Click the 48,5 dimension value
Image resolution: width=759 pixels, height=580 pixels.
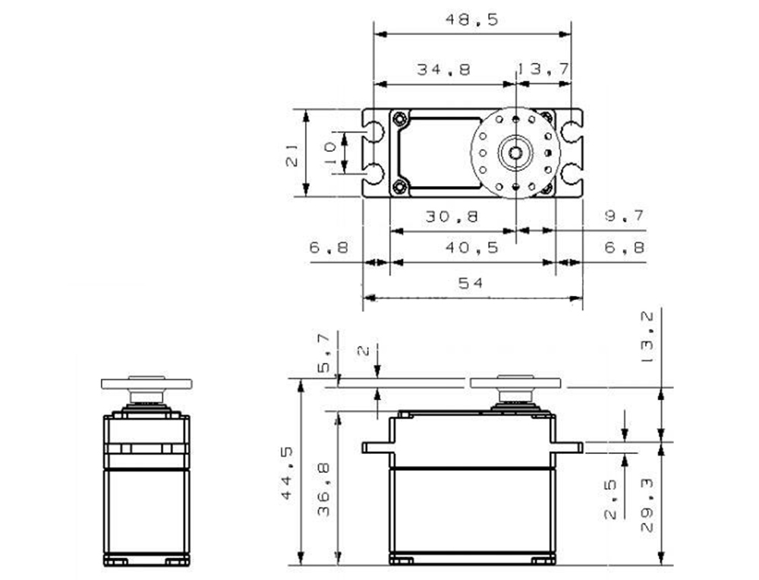point(471,20)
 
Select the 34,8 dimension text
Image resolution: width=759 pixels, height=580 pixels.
point(443,69)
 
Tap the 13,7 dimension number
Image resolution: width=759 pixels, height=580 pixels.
point(543,69)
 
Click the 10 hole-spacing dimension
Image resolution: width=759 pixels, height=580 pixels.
point(330,152)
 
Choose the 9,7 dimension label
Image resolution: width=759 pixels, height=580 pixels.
point(625,216)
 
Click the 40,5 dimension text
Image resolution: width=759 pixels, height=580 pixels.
point(471,248)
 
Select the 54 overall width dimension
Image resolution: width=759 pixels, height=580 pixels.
point(471,282)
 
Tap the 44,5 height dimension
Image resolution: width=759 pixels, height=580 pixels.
point(287,473)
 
